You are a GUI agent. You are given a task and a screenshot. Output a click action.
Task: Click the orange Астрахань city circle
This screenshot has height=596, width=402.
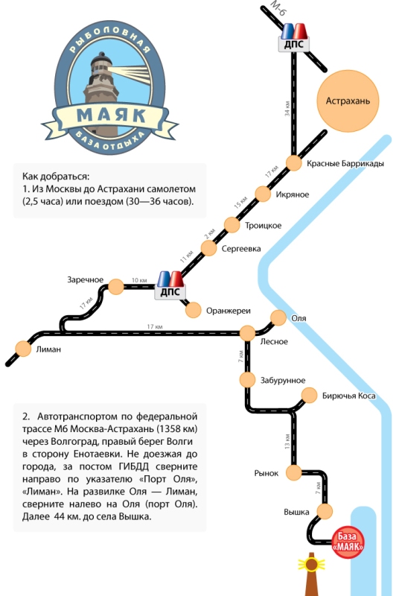click(348, 101)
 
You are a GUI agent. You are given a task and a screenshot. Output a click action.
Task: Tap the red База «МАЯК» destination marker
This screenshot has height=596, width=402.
click(348, 542)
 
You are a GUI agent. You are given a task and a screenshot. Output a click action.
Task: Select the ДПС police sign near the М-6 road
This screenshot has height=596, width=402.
click(294, 38)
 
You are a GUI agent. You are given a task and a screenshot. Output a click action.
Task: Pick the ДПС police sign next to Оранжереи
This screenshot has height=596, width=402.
click(170, 286)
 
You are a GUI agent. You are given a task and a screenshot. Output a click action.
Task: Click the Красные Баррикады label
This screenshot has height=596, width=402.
click(345, 163)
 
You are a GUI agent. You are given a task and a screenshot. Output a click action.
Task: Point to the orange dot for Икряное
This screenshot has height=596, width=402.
click(263, 194)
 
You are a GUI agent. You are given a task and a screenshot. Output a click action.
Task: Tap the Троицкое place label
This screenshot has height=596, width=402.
click(263, 226)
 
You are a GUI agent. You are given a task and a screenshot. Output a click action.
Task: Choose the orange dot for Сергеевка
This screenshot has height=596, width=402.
click(208, 248)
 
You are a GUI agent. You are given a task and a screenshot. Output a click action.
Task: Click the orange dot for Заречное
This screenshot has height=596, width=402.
click(116, 287)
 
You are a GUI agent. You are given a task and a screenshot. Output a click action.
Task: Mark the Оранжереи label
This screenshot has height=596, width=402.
click(229, 311)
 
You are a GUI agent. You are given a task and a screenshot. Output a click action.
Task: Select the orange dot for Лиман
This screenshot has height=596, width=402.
click(23, 349)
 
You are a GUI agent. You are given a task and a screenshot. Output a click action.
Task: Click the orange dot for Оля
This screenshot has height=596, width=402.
click(278, 318)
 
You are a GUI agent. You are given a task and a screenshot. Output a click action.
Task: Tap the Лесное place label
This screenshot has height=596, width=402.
click(273, 342)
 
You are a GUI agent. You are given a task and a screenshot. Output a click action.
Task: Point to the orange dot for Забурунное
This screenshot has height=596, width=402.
click(247, 380)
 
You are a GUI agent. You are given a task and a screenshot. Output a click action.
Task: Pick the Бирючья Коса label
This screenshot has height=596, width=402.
click(349, 396)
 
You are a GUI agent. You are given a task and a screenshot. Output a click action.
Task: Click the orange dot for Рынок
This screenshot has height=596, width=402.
click(294, 473)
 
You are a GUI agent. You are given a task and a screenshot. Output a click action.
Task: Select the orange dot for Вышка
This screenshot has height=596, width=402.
click(325, 511)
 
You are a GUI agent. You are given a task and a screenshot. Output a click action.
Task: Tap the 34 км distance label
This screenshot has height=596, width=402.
click(287, 109)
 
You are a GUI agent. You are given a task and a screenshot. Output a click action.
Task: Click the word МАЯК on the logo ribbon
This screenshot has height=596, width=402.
click(111, 115)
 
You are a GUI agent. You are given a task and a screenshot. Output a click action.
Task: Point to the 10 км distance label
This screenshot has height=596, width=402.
click(139, 280)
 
